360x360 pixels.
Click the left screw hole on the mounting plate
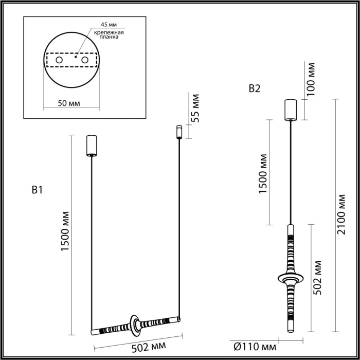click(60, 61)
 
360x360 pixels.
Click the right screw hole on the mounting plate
click(84, 61)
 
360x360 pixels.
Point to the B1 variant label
click(36, 190)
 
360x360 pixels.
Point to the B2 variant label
click(254, 88)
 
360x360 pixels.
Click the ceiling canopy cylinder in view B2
click(290, 109)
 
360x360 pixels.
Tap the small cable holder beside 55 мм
click(179, 131)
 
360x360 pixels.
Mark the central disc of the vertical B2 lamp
click(290, 278)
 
